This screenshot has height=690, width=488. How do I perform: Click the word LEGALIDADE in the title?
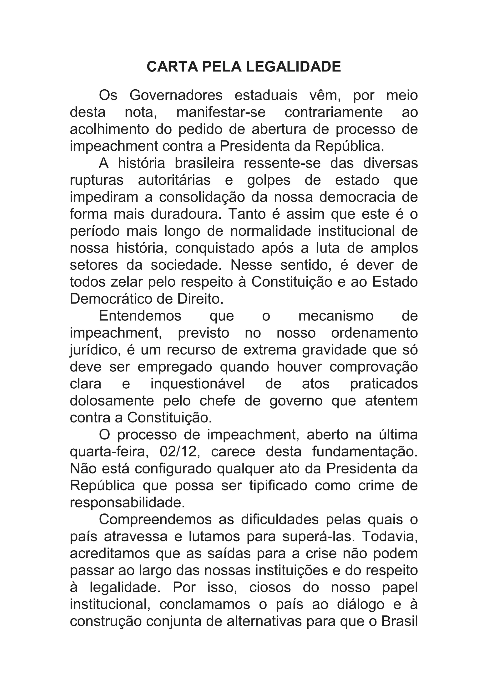293,66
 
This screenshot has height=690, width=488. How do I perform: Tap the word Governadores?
176,96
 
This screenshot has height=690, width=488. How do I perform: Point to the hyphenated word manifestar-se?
221,112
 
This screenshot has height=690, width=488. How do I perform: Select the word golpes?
269,180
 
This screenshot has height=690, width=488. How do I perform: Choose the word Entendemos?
140,316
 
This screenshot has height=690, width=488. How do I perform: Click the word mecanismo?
336,316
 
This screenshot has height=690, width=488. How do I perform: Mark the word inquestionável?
198,384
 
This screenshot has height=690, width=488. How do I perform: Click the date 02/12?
180,452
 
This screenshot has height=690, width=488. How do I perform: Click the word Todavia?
390,536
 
